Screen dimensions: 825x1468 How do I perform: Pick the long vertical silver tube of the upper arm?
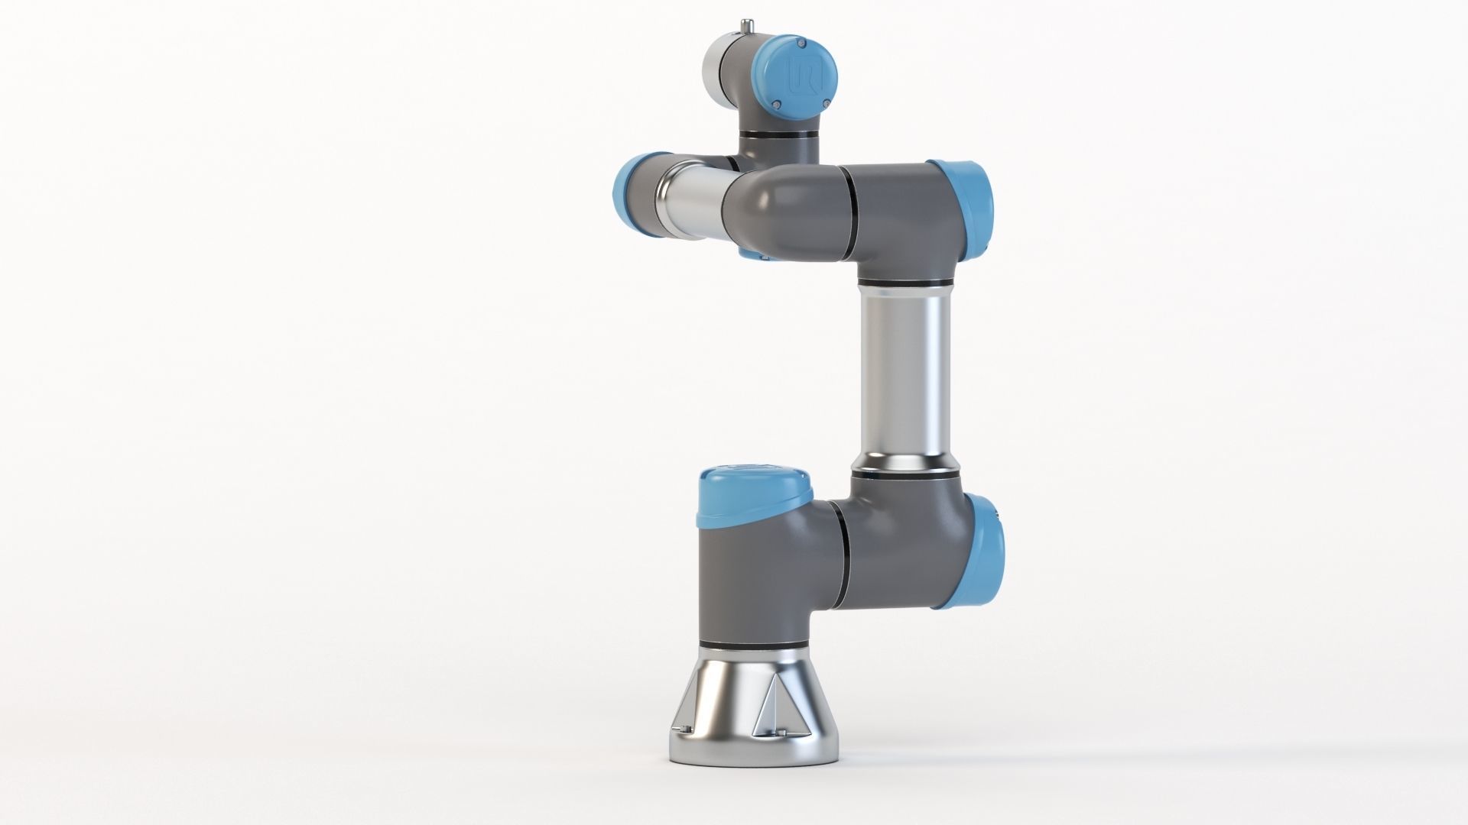[904, 374]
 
